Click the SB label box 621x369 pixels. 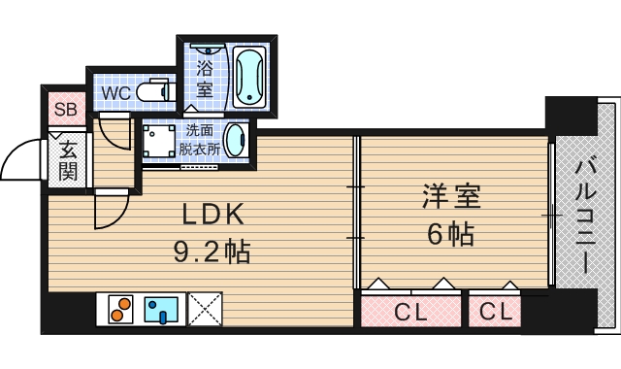(x=66, y=110)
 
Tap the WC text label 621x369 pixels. (x=117, y=94)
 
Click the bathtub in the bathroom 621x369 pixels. (x=250, y=76)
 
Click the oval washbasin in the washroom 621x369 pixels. (x=235, y=140)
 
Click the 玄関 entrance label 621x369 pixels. (x=67, y=160)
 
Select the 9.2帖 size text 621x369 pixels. (x=212, y=253)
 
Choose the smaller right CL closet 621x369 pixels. (x=495, y=312)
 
